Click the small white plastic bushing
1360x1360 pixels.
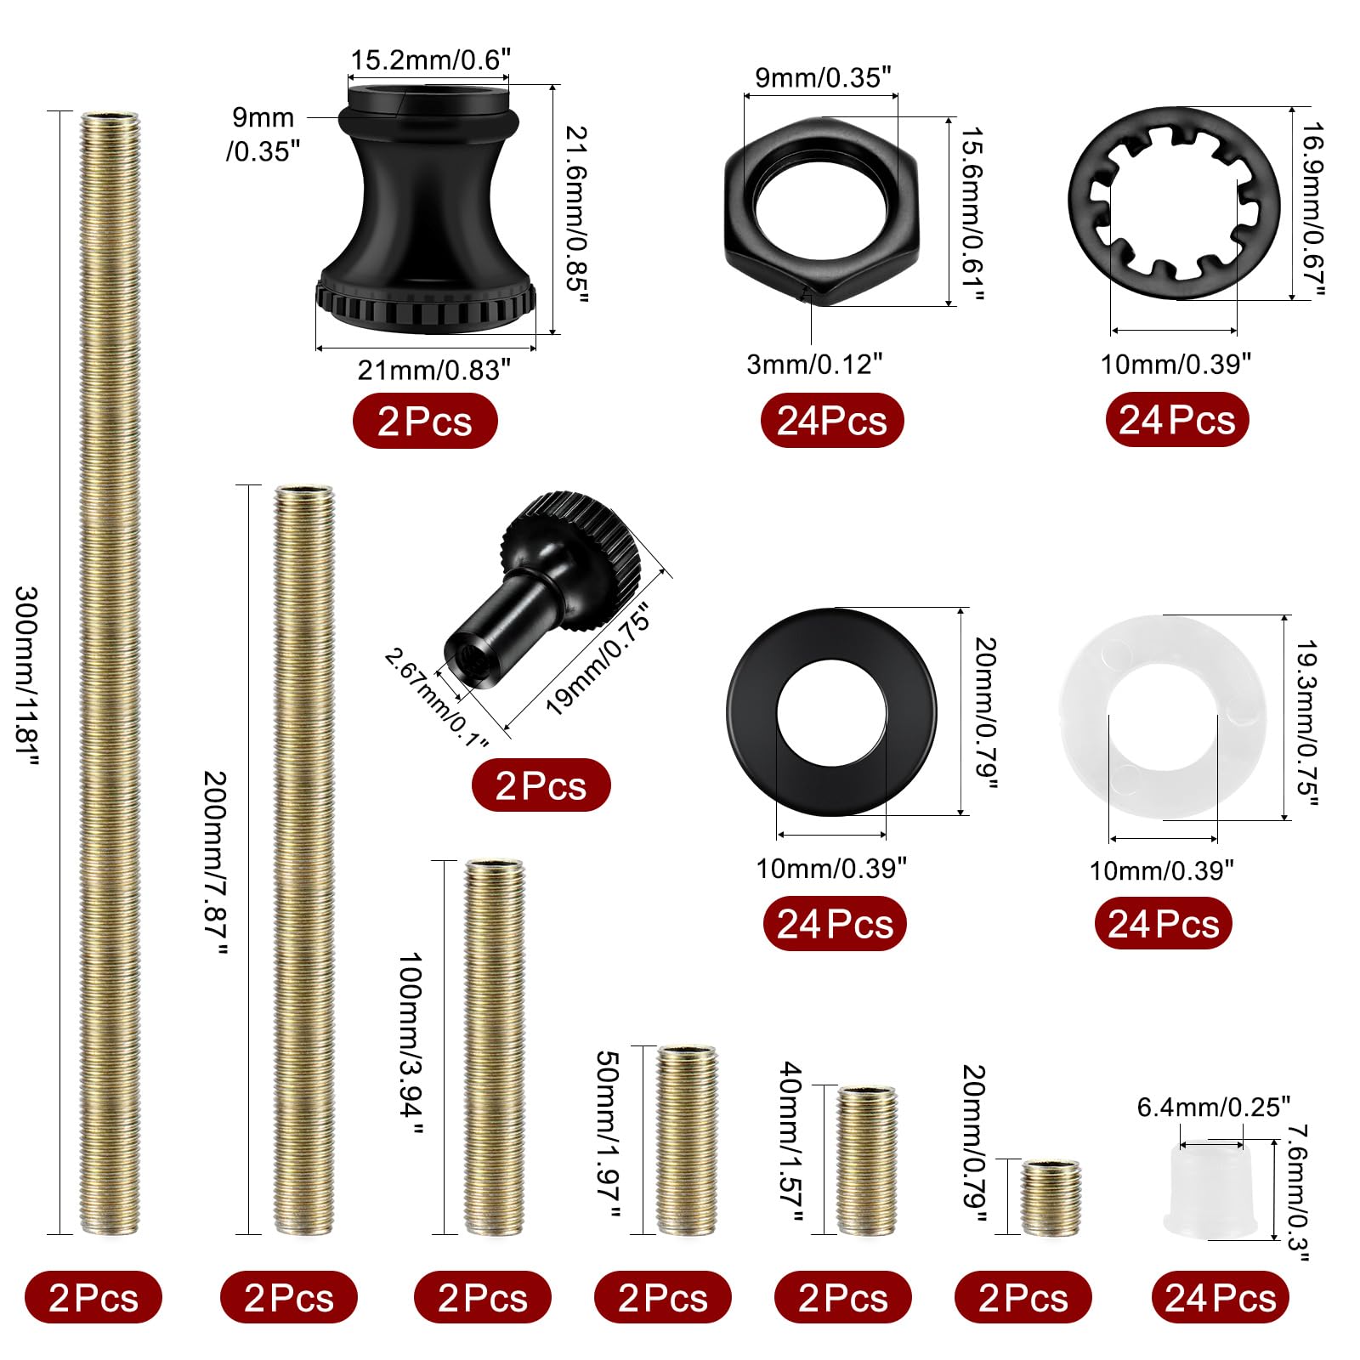pyautogui.click(x=1211, y=1190)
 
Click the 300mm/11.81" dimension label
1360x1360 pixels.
pyautogui.click(x=27, y=676)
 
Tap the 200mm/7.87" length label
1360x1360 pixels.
pyautogui.click(x=215, y=863)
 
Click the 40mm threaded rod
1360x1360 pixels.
pyautogui.click(x=866, y=1159)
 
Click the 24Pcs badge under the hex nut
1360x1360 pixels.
pyautogui.click(x=832, y=421)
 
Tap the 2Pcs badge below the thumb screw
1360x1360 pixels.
pyautogui.click(x=541, y=785)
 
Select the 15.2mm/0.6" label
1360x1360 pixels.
pyautogui.click(x=431, y=60)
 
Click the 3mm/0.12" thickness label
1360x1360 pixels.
pyautogui.click(x=814, y=364)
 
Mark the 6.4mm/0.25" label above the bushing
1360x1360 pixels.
pyautogui.click(x=1213, y=1107)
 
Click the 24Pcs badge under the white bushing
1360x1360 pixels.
pyautogui.click(x=1220, y=1298)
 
